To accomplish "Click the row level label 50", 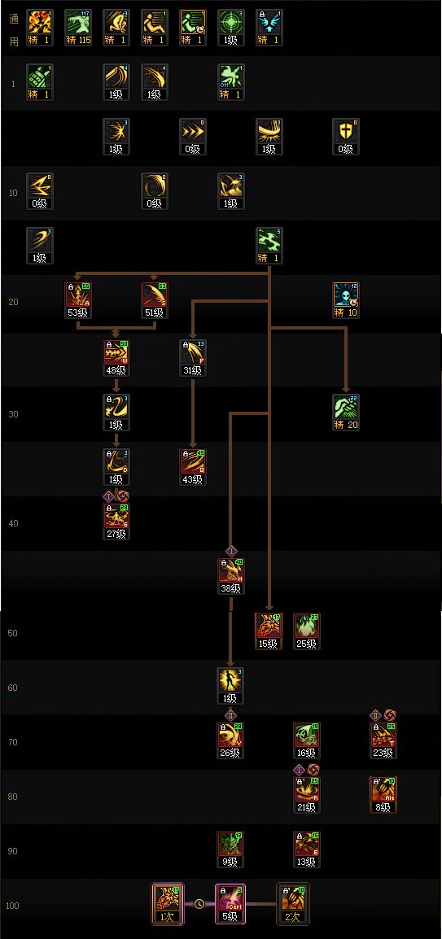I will click(13, 633).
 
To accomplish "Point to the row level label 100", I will click(13, 906).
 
